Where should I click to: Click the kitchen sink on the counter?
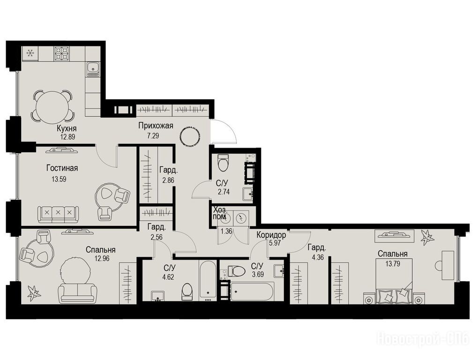pyautogui.click(x=93, y=69)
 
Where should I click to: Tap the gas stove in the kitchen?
pyautogui.click(x=62, y=54)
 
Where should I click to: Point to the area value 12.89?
pyautogui.click(x=67, y=137)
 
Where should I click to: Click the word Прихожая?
pyautogui.click(x=156, y=126)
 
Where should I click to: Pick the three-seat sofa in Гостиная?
pyautogui.click(x=58, y=214)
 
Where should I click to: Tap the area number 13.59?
pyautogui.click(x=59, y=179)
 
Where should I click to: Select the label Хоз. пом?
pyautogui.click(x=219, y=213)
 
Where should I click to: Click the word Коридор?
pyautogui.click(x=271, y=235)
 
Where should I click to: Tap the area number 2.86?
pyautogui.click(x=168, y=180)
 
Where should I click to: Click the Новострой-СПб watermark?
pyautogui.click(x=423, y=338)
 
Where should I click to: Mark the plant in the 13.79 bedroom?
pyautogui.click(x=427, y=237)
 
